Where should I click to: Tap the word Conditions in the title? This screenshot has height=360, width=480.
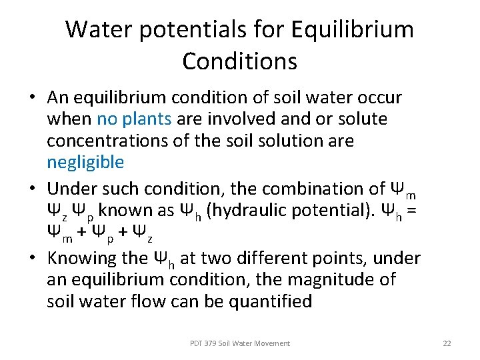coord(239,61)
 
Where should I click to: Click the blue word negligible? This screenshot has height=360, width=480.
coord(85,162)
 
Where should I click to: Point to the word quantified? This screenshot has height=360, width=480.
coord(265,301)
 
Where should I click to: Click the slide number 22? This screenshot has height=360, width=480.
coord(447,343)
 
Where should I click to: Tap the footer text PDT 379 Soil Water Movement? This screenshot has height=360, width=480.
coord(240,343)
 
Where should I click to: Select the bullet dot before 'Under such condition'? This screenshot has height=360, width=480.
coord(32,189)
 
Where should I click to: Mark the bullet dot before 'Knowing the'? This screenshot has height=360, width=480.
coord(32,259)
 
